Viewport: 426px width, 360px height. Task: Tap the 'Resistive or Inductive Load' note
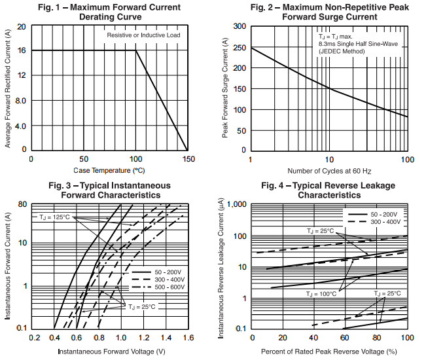coord(143,35)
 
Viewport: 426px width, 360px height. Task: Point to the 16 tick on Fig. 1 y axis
coord(22,50)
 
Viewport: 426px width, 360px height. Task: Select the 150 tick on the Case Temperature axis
coord(188,159)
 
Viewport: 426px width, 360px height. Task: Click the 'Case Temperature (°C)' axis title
coord(109,170)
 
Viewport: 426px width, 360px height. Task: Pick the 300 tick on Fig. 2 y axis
coord(240,26)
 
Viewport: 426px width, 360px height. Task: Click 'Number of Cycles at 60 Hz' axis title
coord(328,171)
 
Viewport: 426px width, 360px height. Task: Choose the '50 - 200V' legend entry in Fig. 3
coord(168,270)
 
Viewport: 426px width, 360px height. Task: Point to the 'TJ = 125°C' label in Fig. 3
coord(54,217)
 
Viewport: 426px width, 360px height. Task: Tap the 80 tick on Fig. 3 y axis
coord(22,204)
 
